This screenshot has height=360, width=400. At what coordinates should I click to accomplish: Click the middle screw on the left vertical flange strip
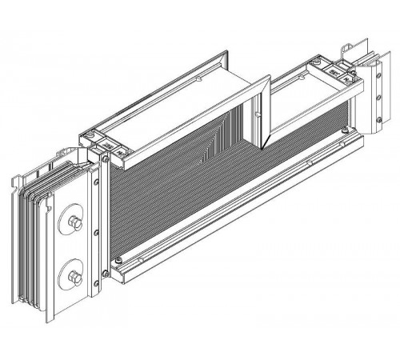(x=96, y=233)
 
